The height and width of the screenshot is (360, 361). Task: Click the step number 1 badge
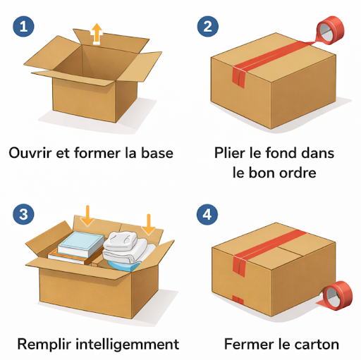point(23,26)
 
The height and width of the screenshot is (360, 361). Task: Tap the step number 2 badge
point(208,26)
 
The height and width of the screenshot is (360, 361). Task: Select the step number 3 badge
point(23,214)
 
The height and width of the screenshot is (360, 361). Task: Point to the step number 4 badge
point(207,214)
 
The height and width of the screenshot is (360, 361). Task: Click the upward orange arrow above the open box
point(97,34)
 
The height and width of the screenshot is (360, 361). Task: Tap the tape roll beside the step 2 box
point(330,30)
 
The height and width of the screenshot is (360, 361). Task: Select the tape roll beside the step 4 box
point(336,295)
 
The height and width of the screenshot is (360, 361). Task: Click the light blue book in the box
point(81,244)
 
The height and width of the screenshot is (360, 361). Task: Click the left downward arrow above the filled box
point(87,216)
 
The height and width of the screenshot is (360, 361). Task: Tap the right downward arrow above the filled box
point(149,225)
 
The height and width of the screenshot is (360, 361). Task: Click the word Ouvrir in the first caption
point(30,153)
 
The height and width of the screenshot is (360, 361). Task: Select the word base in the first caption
point(157,153)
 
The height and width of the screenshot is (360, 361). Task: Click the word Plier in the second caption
point(229,153)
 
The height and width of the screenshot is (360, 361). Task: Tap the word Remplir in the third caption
point(44,345)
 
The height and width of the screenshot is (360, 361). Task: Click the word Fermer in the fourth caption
point(249,345)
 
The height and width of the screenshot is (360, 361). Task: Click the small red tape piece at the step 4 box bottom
point(238,299)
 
